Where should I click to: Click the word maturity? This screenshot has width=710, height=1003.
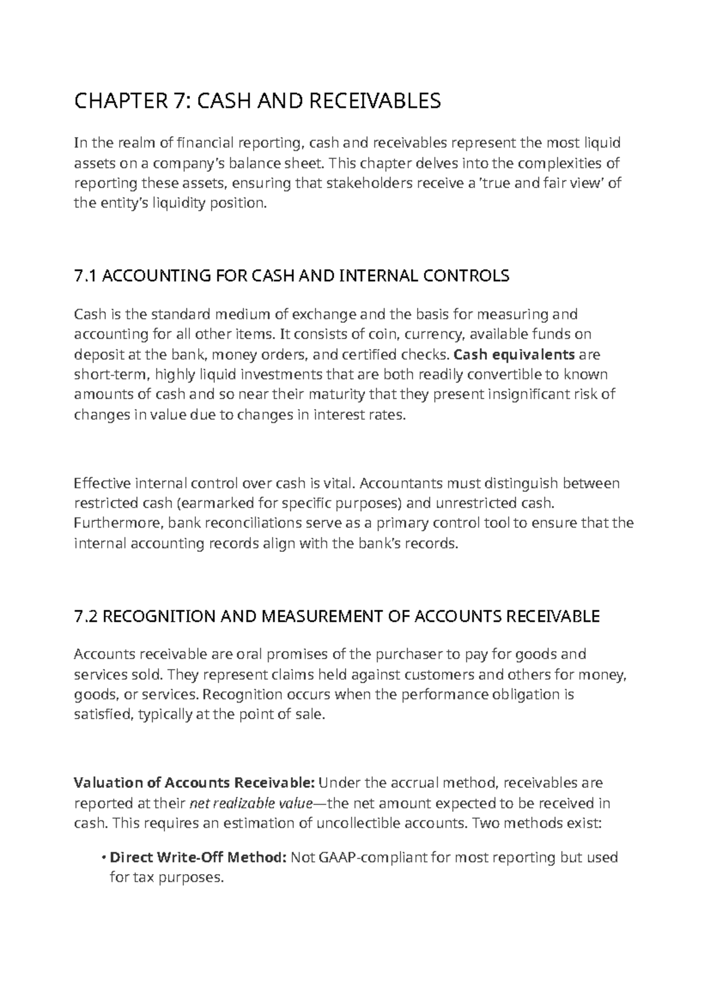click(x=340, y=394)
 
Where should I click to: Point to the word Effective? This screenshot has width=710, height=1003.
click(x=102, y=483)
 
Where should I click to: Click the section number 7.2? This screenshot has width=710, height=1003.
click(x=86, y=617)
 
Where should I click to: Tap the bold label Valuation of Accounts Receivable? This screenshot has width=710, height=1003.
click(x=194, y=783)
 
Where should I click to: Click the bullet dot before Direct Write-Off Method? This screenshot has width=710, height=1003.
click(x=104, y=858)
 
